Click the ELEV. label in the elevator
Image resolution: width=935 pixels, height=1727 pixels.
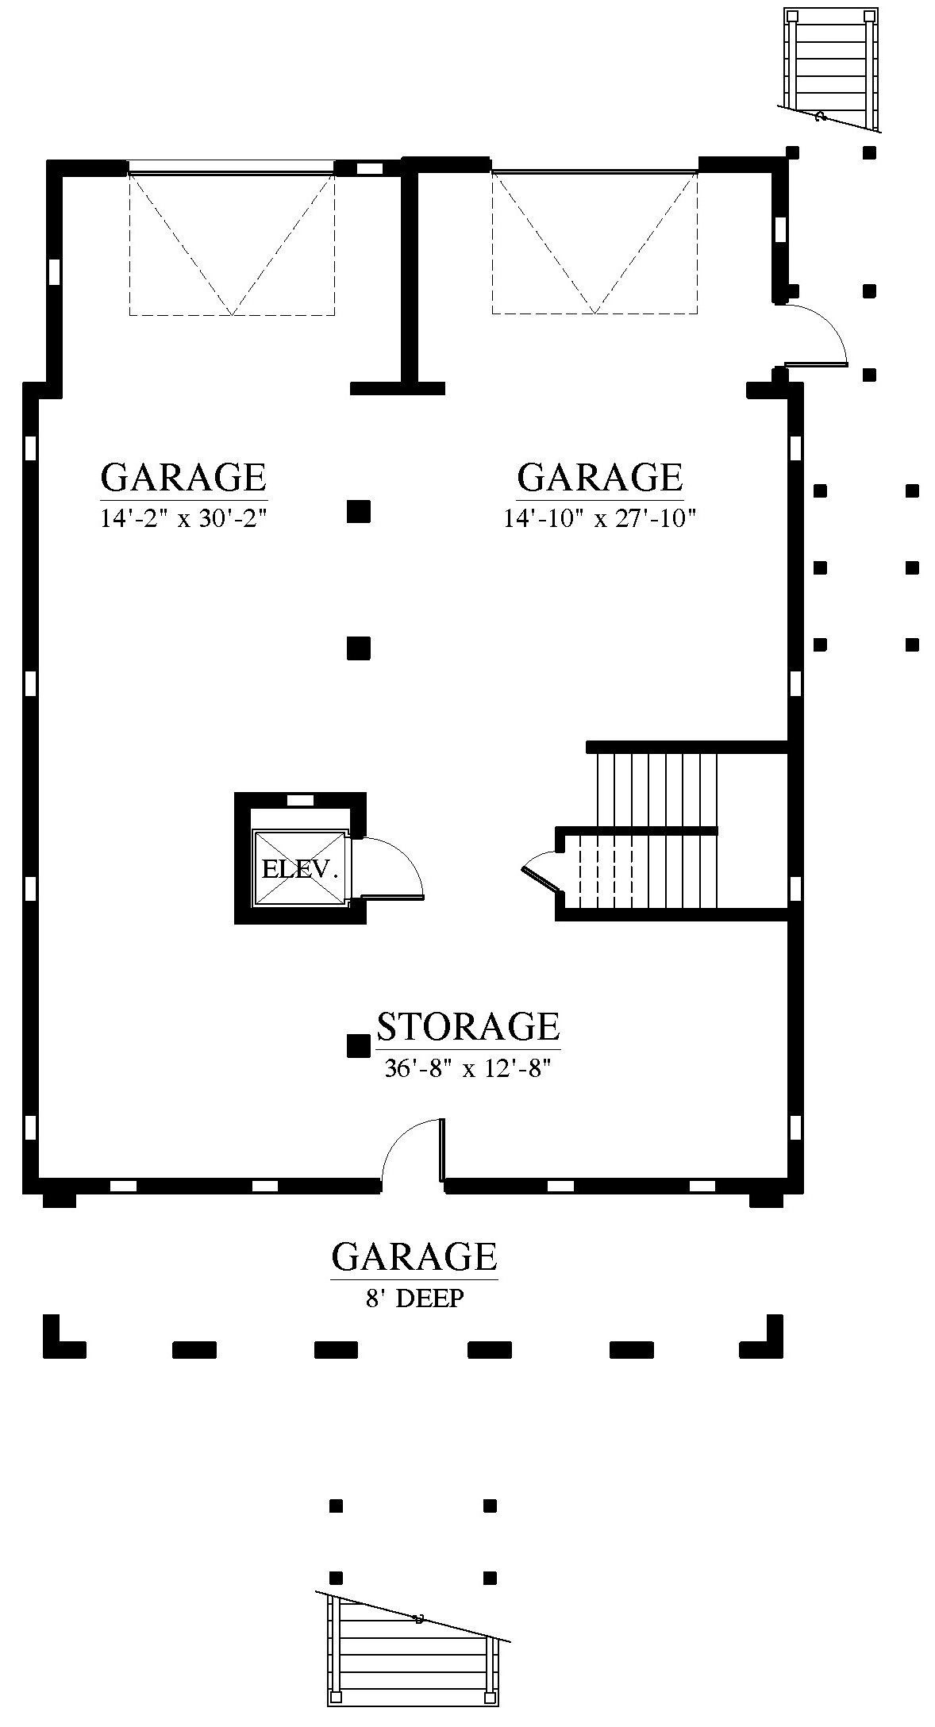pyautogui.click(x=300, y=869)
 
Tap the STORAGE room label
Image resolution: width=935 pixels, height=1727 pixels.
pyautogui.click(x=467, y=1026)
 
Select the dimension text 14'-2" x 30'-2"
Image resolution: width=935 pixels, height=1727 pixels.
pyautogui.click(x=183, y=518)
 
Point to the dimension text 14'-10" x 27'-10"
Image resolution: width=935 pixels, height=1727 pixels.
pyautogui.click(x=599, y=518)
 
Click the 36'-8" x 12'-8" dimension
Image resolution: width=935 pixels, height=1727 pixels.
pyautogui.click(x=467, y=1068)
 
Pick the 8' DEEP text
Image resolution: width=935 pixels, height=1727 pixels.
pyautogui.click(x=414, y=1298)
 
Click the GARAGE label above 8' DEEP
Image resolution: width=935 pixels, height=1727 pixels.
pyautogui.click(x=414, y=1257)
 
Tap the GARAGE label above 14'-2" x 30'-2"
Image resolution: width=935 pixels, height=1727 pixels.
pyautogui.click(x=183, y=477)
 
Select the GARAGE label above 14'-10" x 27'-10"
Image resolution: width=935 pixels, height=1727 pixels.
pyautogui.click(x=599, y=477)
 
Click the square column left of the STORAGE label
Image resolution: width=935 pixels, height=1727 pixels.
pyautogui.click(x=359, y=1046)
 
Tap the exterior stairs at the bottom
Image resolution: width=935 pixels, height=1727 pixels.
pyautogui.click(x=413, y=1660)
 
